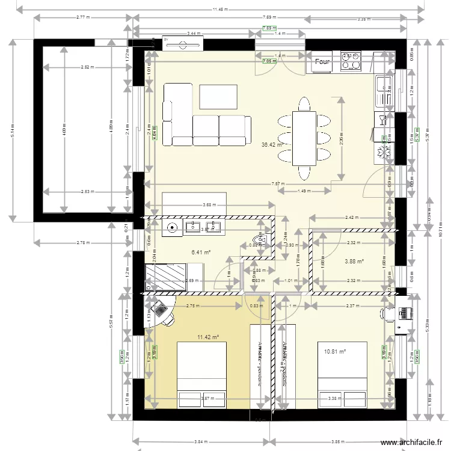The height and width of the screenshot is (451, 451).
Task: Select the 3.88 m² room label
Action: (354, 262)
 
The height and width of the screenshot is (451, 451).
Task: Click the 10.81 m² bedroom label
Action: (336, 352)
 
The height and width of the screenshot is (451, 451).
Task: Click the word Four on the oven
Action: (322, 61)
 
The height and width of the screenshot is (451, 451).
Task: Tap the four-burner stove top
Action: (351, 61)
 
